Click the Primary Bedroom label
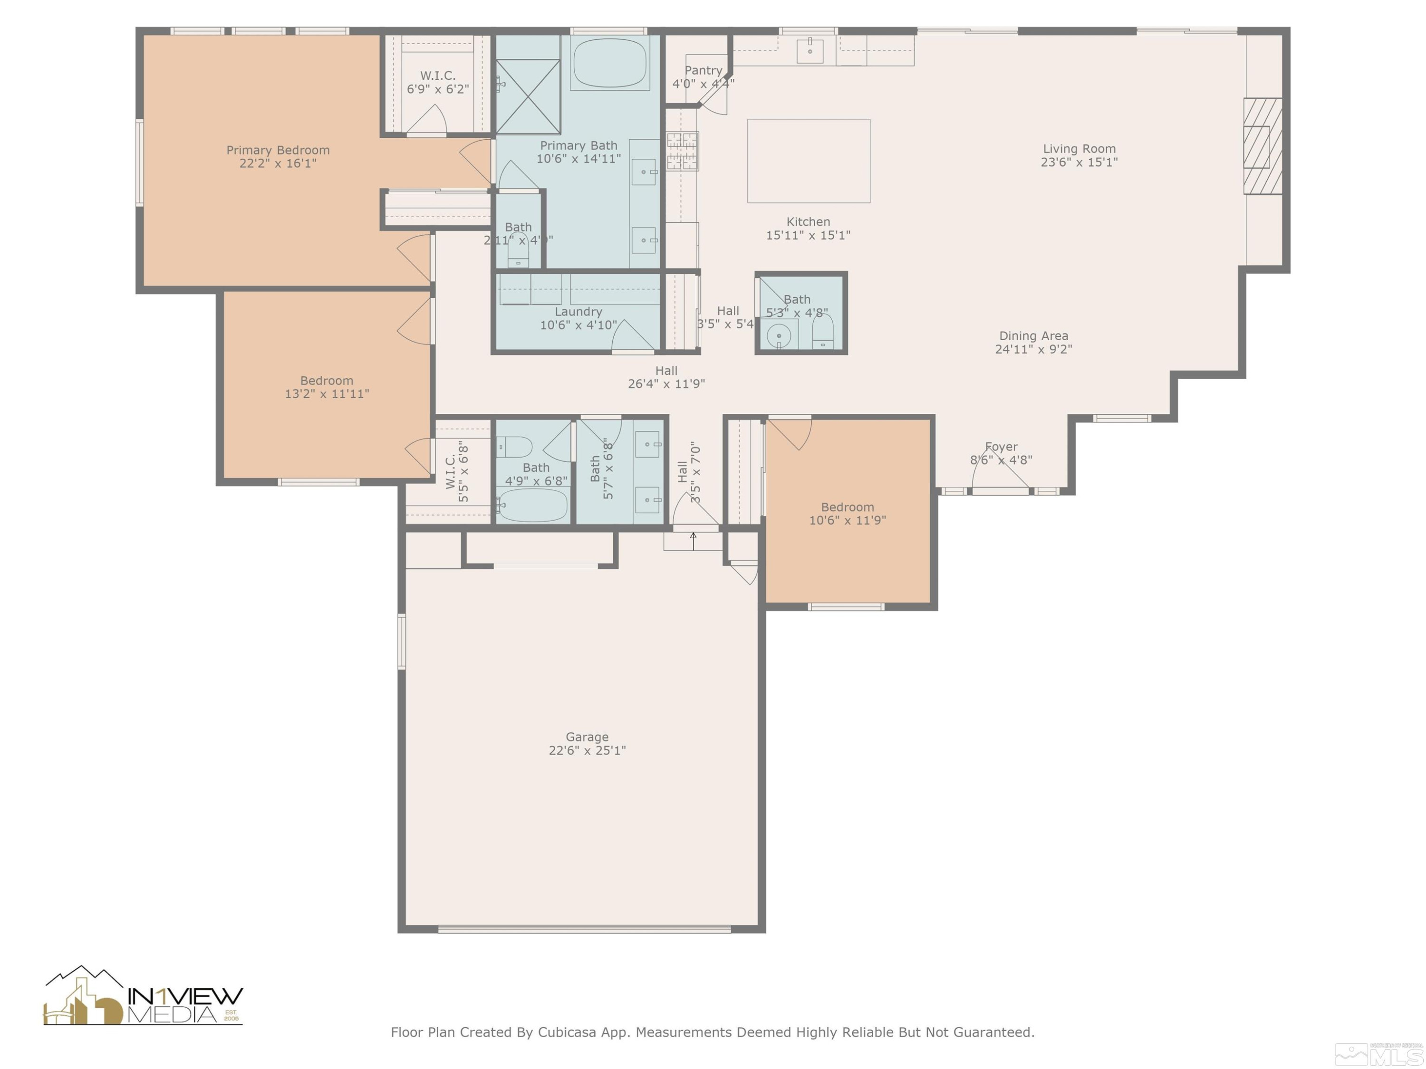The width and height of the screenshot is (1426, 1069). click(x=278, y=150)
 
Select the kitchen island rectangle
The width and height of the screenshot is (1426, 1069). click(x=809, y=161)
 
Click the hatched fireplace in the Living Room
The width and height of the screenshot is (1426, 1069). click(x=1262, y=146)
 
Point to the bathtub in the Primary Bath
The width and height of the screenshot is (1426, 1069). click(x=609, y=63)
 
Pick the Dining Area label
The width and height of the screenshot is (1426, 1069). click(x=1033, y=336)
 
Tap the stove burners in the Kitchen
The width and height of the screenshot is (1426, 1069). click(x=682, y=151)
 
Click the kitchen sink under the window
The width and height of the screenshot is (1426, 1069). click(x=809, y=50)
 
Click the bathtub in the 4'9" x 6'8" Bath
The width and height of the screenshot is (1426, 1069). click(x=532, y=505)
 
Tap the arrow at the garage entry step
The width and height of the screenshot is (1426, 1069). click(x=693, y=540)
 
